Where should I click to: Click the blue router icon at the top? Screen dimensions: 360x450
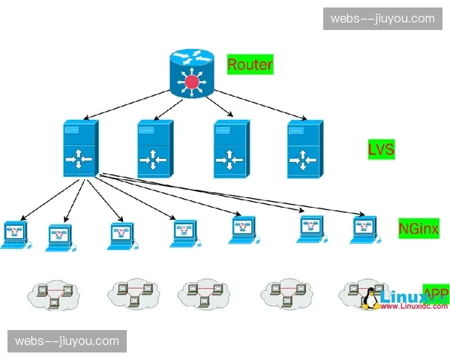tap(193, 72)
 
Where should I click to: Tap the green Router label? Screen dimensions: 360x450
tap(250, 64)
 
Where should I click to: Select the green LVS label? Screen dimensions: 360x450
tap(381, 150)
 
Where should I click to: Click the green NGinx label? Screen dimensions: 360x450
tap(418, 227)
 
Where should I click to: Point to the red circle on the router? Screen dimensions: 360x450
tap(193, 81)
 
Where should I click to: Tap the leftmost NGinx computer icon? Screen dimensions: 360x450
tap(14, 235)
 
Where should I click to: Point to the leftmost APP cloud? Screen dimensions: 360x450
tap(52, 295)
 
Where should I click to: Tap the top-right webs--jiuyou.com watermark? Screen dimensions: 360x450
tap(382, 19)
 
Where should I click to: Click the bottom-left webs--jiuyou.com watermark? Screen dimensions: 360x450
tap(67, 341)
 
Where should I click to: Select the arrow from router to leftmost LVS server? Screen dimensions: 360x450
tap(127, 103)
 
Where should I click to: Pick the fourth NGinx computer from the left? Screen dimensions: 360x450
tap(183, 233)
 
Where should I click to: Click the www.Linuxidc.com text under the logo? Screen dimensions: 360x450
tap(414, 307)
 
